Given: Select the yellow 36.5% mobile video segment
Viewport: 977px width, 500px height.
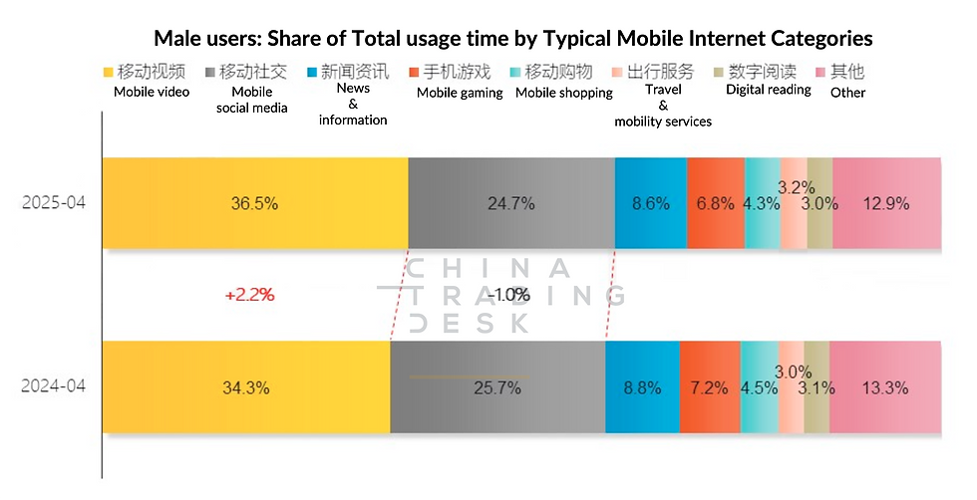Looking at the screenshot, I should tap(255, 203).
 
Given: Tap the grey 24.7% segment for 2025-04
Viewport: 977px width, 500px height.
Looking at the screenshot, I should tap(510, 203).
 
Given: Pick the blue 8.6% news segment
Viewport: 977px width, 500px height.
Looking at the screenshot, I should tap(650, 203).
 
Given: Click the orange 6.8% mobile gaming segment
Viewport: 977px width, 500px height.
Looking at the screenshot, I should tap(716, 203).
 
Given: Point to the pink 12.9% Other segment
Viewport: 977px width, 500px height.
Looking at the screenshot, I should tap(886, 203).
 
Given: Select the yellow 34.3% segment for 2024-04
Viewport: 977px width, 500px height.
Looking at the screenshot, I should tap(246, 387).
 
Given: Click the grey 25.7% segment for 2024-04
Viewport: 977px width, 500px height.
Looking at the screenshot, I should tap(497, 387).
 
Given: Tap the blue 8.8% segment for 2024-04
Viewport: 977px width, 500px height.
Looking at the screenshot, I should tap(642, 387).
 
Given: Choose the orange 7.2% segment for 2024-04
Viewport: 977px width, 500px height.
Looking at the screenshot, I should tap(709, 387).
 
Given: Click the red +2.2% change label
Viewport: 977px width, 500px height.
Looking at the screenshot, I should tap(249, 295).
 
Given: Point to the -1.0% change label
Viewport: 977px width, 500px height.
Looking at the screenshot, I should tap(508, 294).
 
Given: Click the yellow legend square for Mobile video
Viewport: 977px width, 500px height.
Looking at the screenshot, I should tap(110, 73).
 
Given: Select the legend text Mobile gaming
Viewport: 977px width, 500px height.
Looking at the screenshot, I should tap(459, 93).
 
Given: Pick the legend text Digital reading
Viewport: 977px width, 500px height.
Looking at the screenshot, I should tap(768, 90).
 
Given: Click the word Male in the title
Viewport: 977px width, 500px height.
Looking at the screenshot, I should tap(178, 39).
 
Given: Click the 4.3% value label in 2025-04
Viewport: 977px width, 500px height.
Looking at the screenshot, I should tap(761, 203).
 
